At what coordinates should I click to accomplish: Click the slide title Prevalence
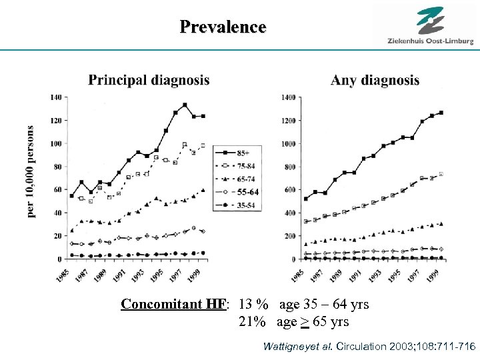[223, 27]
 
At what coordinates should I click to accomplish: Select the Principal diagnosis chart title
[149, 80]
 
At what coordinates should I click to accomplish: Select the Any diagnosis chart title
[375, 80]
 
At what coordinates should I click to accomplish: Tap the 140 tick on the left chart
[55, 97]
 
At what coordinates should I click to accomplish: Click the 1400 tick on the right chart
[287, 97]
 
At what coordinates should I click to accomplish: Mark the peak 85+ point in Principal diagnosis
[185, 105]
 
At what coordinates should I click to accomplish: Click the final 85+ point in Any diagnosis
[441, 113]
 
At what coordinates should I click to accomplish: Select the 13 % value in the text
[253, 305]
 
